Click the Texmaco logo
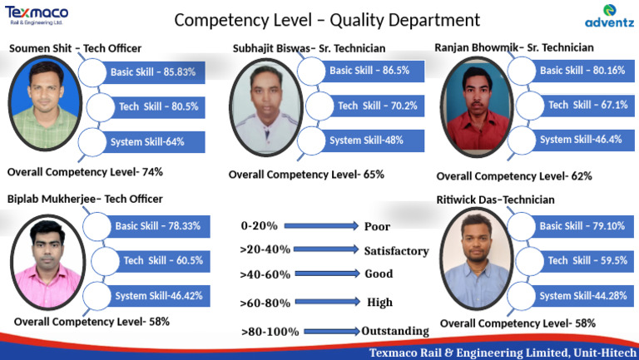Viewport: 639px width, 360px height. click(x=37, y=14)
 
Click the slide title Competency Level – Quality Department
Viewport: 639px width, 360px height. click(x=327, y=20)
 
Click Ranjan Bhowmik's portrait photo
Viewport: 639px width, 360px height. click(x=475, y=107)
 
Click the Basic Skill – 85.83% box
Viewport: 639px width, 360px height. click(x=153, y=72)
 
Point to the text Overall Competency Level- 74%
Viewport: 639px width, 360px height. click(x=85, y=172)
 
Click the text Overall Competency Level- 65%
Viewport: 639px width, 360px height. click(x=306, y=175)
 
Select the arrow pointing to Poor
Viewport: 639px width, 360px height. click(x=323, y=226)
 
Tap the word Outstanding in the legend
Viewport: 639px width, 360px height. click(x=395, y=331)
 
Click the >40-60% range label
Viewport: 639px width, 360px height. click(x=265, y=274)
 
